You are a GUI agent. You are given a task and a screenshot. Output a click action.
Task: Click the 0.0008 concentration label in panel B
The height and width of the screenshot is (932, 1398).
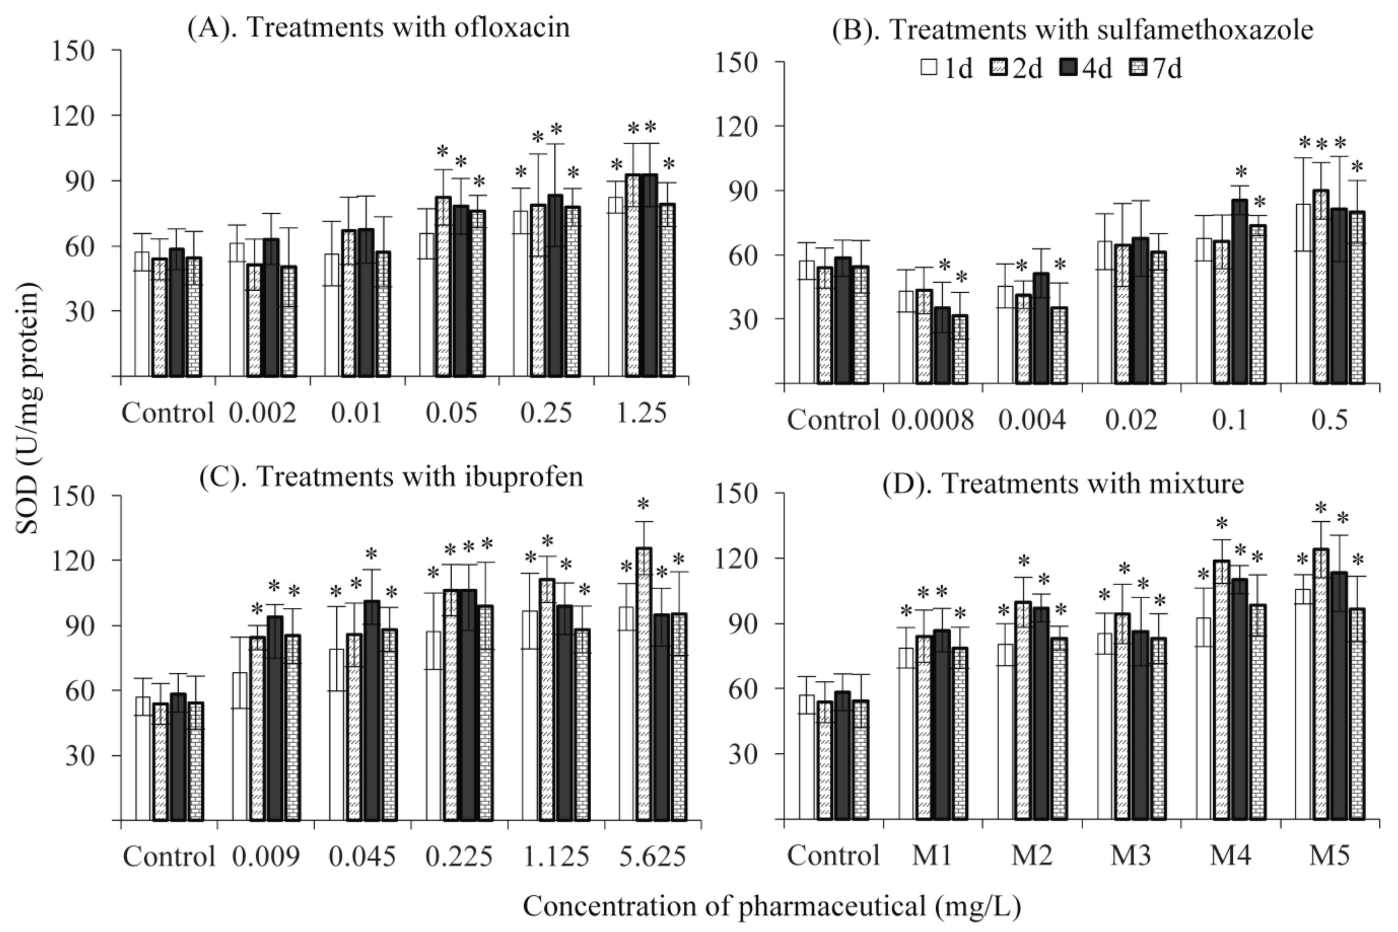point(932,420)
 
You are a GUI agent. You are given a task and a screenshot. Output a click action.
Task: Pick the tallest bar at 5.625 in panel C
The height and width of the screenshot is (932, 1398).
point(644,684)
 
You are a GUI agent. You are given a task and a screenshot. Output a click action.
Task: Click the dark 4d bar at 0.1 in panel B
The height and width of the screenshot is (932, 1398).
point(1240,291)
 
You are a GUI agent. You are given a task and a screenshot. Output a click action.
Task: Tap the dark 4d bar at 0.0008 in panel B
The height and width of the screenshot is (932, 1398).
point(942,345)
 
